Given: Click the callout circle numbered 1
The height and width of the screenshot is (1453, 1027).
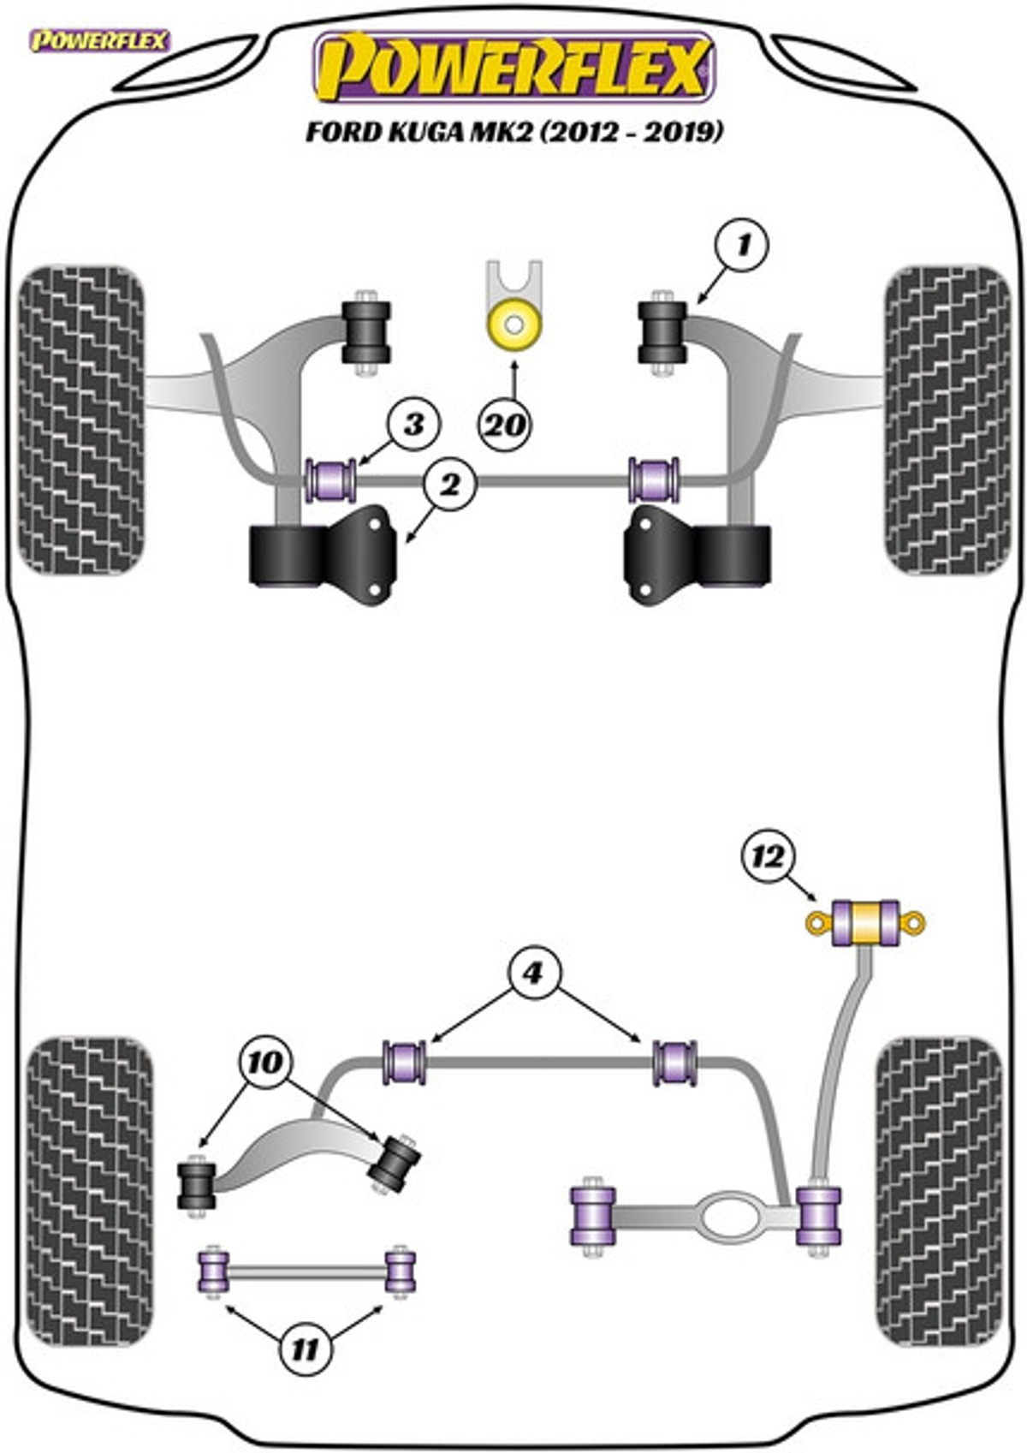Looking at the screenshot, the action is click(742, 246).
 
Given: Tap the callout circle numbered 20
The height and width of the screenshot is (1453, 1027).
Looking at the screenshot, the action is click(505, 426).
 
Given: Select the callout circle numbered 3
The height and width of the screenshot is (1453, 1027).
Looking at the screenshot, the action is click(413, 425).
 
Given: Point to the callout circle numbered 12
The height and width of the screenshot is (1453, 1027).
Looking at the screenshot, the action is click(769, 858).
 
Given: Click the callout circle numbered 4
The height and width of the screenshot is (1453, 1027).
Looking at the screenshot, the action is click(532, 973).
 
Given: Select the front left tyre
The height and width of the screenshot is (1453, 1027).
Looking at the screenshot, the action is click(81, 420).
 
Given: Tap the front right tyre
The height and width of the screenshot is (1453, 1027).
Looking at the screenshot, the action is click(948, 420).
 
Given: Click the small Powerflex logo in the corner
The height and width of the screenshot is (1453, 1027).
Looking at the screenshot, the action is click(98, 40).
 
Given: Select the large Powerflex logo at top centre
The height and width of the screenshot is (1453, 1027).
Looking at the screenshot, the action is click(513, 67).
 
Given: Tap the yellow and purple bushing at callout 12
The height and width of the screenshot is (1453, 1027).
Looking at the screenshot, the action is click(865, 922).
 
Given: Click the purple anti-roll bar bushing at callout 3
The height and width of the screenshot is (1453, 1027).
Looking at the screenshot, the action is click(330, 480).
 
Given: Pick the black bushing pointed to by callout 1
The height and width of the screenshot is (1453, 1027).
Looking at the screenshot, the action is click(662, 332).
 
